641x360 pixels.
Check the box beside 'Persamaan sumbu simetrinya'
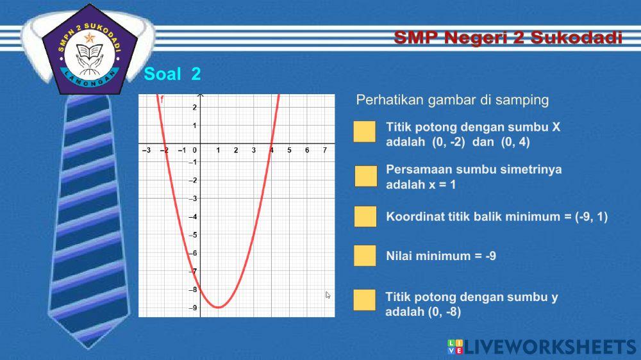tap(366, 176)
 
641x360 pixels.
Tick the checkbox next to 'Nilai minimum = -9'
tap(365, 256)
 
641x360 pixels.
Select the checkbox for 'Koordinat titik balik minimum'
tap(365, 217)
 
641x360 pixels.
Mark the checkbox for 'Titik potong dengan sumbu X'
tap(364, 131)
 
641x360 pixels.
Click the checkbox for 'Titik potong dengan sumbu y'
tap(364, 300)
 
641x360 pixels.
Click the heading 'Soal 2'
tap(172, 74)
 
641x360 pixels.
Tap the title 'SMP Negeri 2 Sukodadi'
tap(508, 38)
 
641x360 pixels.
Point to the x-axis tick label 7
tap(325, 150)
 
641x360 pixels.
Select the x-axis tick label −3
tap(146, 150)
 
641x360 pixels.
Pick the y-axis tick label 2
tap(195, 108)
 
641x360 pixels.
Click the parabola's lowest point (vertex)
tap(219, 307)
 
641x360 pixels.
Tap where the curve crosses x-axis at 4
tap(272, 143)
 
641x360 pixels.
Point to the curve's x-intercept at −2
tap(165, 143)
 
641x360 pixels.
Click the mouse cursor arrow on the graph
tap(328, 295)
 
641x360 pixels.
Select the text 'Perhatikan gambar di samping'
tap(453, 100)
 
